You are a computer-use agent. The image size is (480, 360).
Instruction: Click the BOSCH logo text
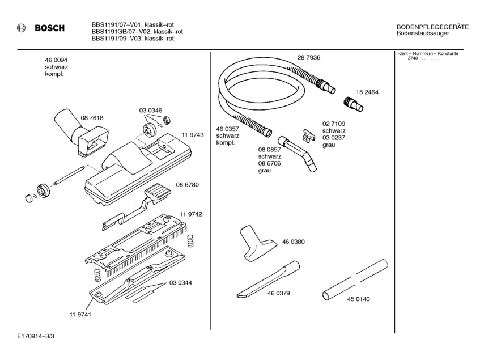coord(49,28)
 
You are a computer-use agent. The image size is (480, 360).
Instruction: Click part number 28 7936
coord(309,58)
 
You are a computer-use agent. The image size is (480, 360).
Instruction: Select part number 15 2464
coord(367,92)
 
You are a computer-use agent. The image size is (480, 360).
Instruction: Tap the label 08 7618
coord(92,118)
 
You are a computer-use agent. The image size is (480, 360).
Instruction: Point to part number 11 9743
coord(193,135)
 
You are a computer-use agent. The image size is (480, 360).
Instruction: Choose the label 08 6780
coord(187,185)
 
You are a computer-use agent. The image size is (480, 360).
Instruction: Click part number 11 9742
coord(192,214)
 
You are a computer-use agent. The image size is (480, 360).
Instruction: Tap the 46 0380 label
coord(294,242)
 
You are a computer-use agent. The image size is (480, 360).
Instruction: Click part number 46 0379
coord(279,294)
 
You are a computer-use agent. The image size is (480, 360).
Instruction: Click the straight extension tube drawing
coord(354,277)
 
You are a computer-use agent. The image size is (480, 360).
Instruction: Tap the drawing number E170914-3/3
coord(36,336)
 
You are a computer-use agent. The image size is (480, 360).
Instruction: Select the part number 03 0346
coord(151,111)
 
